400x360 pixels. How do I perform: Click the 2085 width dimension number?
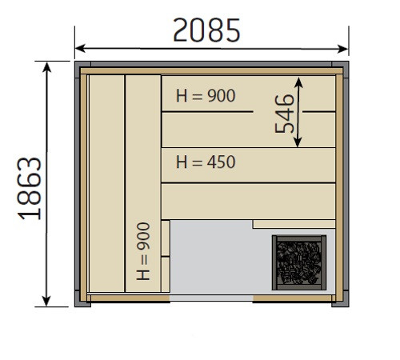[206, 30]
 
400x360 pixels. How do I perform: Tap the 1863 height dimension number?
[30, 189]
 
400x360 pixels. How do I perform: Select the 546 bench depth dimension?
[284, 114]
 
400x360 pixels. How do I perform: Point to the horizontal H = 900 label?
[206, 95]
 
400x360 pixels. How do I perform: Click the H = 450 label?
[206, 162]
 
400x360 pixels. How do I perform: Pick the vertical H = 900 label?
[143, 251]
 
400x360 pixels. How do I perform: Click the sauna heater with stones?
[299, 262]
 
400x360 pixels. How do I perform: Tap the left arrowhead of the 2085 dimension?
[80, 48]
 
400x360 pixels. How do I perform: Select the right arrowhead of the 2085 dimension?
[343, 49]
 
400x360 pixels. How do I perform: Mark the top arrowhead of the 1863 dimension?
[47, 67]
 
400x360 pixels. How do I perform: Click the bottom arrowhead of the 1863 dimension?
[46, 301]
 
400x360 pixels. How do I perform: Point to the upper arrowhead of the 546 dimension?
[298, 82]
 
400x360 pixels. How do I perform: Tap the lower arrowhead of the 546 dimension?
[298, 142]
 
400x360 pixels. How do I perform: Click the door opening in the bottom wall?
[211, 298]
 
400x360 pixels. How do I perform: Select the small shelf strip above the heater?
[294, 224]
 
